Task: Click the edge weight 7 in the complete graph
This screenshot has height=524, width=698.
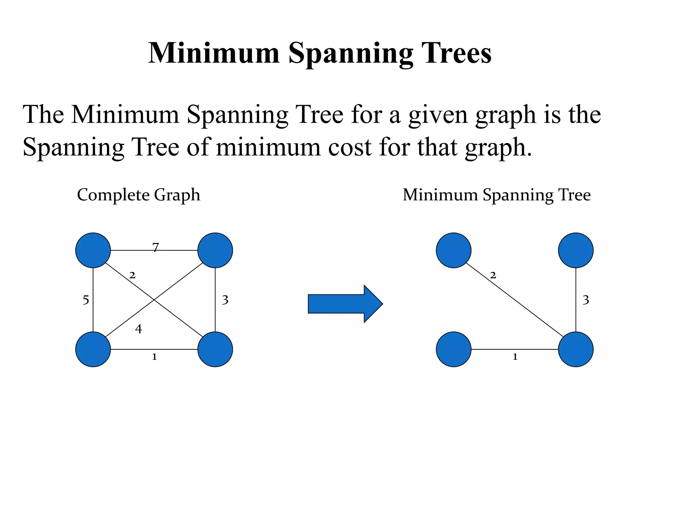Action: [x=156, y=247]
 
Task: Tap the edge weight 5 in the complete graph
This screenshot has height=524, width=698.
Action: [x=86, y=300]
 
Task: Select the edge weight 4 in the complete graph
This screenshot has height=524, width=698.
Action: [x=138, y=329]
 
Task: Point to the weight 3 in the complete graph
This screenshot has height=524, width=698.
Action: [x=225, y=300]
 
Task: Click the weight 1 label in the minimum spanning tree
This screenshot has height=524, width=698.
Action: [x=515, y=357]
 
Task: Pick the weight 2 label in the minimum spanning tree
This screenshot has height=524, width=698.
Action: [x=493, y=275]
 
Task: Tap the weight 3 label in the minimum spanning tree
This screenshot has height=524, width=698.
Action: [x=586, y=300]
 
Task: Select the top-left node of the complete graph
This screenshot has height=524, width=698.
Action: [x=93, y=250]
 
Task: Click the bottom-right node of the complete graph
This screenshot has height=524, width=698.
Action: [x=215, y=349]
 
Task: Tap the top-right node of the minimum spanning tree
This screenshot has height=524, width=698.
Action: [x=576, y=250]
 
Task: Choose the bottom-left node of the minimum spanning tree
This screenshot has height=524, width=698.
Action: [x=454, y=349]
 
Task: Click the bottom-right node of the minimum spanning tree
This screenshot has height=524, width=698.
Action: [x=576, y=349]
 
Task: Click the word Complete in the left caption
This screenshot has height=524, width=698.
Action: [x=113, y=195]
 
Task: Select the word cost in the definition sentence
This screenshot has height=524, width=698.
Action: [x=349, y=147]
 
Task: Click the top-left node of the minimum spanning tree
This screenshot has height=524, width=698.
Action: [x=454, y=250]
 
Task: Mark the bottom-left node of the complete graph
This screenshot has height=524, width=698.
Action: [x=93, y=349]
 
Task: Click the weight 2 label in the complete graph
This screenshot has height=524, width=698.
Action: [x=132, y=275]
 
